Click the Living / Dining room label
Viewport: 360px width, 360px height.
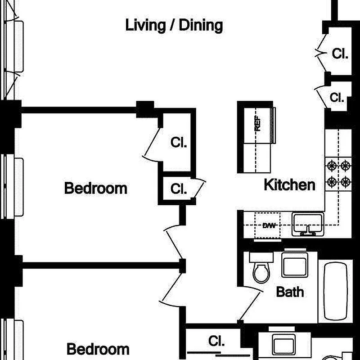coord(174,26)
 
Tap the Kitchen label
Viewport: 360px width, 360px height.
coord(289,184)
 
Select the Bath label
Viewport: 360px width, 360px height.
coord(290,292)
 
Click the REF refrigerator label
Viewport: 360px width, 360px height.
coord(257,123)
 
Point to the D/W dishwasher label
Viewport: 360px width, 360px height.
coord(269,225)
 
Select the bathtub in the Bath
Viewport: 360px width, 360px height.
coord(335,291)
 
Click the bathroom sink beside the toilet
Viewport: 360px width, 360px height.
coord(295,265)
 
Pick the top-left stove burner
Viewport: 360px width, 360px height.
coord(332,166)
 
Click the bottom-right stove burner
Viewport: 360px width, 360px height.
coord(346,182)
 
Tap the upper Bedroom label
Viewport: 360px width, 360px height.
coord(96,188)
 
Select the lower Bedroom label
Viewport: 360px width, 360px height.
coord(98,349)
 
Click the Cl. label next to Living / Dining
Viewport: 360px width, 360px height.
coord(340,54)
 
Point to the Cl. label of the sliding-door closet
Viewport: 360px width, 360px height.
coord(216,341)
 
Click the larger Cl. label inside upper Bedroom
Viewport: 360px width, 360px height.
coord(179,142)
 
